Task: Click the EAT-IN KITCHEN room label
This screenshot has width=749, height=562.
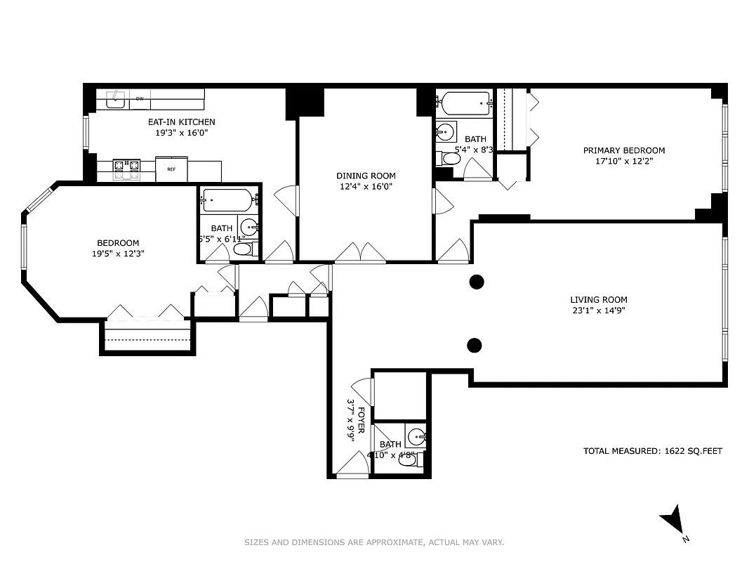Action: [x=181, y=122]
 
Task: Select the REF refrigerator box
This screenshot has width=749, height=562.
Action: [x=171, y=169]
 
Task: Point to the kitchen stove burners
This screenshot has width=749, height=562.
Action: [x=126, y=166]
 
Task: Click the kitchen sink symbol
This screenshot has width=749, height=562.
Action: [x=116, y=100]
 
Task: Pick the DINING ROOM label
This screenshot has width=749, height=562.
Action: [x=366, y=176]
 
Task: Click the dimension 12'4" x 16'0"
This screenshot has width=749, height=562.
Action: [x=366, y=186]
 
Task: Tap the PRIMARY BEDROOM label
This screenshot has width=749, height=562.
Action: [x=624, y=150]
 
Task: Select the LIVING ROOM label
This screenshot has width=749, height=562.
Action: [x=599, y=299]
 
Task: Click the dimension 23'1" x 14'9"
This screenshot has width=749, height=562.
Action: [x=599, y=310]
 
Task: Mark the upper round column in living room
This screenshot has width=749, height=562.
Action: [x=477, y=282]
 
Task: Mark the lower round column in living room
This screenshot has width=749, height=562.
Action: [x=475, y=345]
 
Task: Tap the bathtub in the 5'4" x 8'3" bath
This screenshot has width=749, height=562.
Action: [x=463, y=104]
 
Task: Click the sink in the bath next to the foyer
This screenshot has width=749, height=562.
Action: [x=416, y=437]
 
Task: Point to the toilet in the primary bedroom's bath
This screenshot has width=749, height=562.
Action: [x=449, y=159]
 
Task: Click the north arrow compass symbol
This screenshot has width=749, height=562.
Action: [x=673, y=521]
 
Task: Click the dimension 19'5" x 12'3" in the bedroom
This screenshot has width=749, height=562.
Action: [x=118, y=254]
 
